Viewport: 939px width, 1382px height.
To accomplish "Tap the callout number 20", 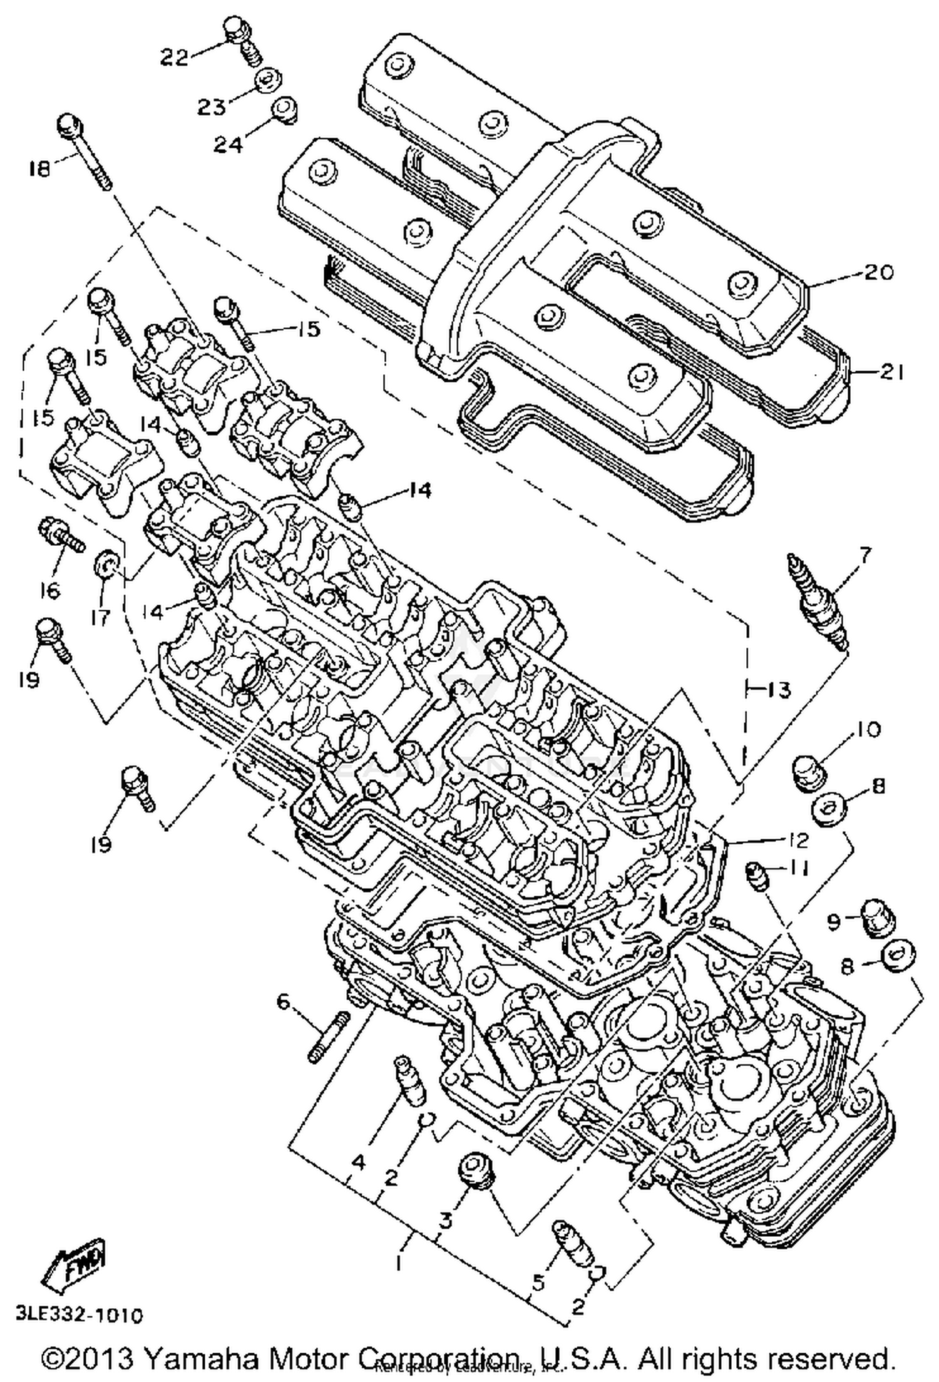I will [878, 273].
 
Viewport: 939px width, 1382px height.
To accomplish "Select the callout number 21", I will [889, 373].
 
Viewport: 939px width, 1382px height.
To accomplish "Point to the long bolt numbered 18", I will [85, 151].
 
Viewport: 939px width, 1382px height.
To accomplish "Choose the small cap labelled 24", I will [285, 111].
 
